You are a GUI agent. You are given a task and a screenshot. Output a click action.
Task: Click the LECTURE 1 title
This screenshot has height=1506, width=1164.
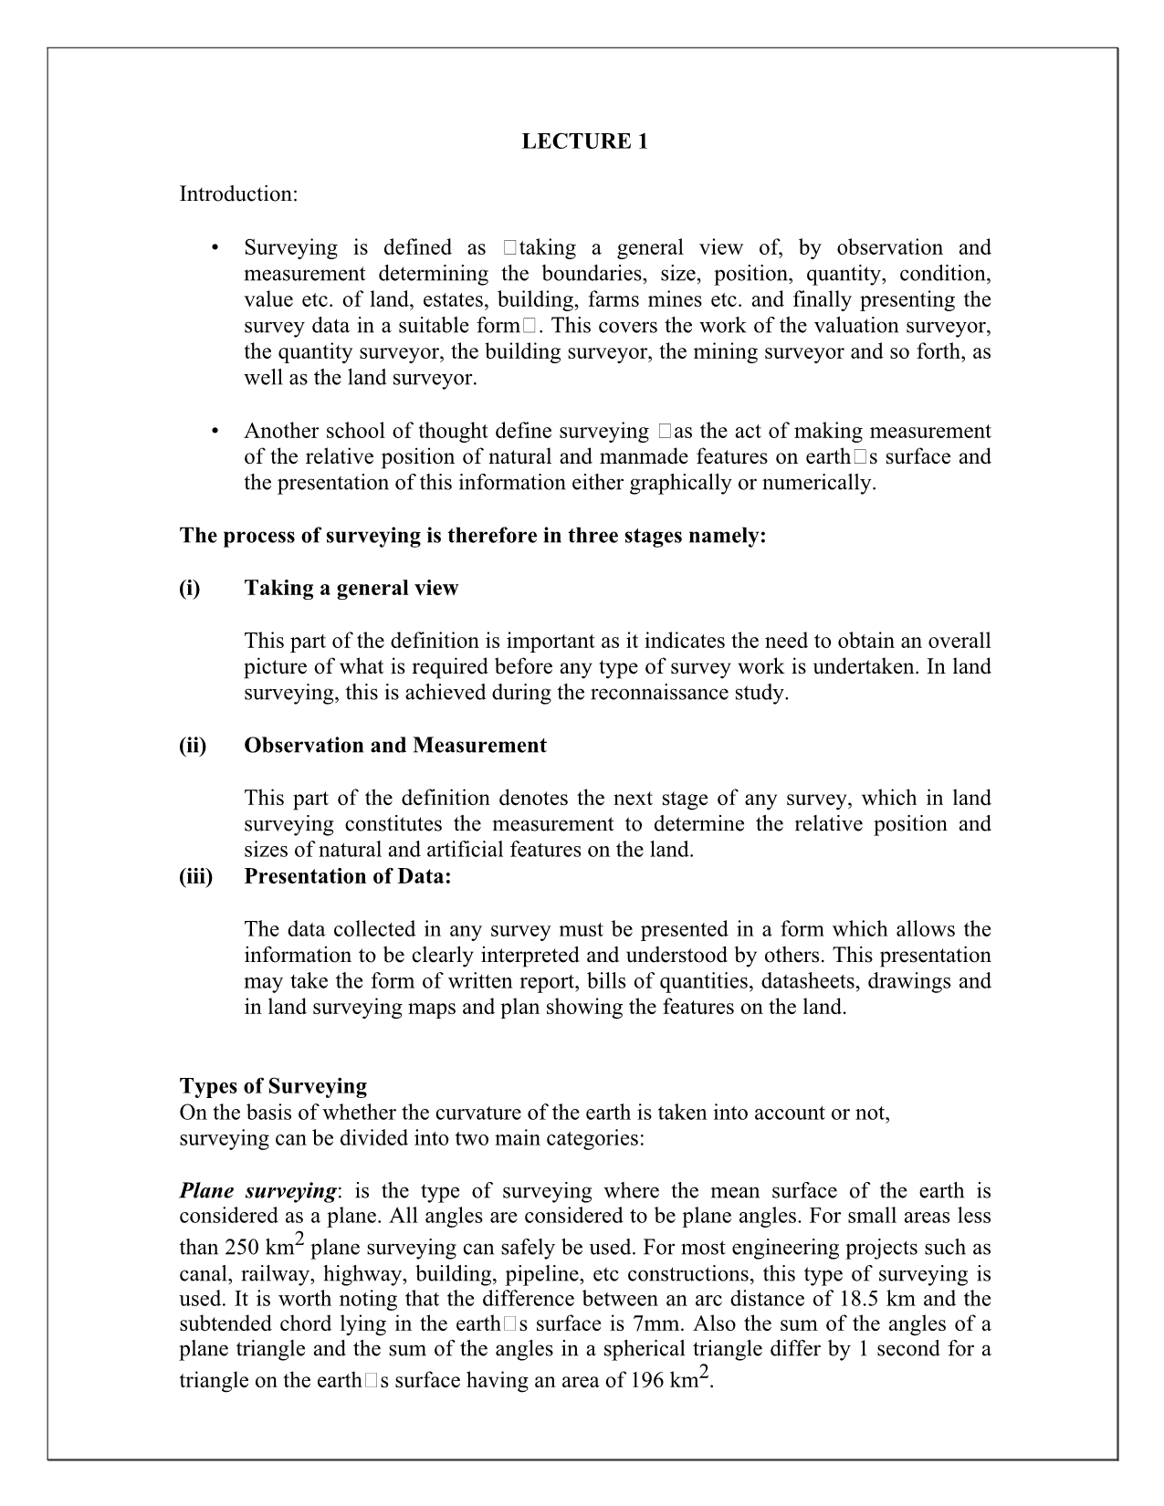coord(584,141)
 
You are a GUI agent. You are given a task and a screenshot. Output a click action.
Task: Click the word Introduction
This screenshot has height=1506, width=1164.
coord(237,194)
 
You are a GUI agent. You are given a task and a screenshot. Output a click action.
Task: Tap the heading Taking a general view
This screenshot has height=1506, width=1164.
coord(351,588)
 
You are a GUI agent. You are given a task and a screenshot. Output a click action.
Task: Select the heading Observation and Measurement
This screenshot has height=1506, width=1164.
coord(395,746)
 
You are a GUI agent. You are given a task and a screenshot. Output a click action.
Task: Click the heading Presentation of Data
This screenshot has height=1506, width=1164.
coord(348,876)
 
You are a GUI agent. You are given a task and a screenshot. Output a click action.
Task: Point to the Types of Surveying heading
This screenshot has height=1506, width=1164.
coord(273,1086)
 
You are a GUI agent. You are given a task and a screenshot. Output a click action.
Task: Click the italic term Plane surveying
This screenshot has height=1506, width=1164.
coord(258,1191)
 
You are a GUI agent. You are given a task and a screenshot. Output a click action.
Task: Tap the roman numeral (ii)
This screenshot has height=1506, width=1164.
coord(193,746)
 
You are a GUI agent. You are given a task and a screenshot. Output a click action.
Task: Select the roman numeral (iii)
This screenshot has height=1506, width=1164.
coord(195,876)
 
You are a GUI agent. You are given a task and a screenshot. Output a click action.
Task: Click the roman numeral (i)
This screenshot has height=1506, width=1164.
coord(190,588)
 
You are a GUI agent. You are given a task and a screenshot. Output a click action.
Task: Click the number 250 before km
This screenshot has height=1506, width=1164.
coord(241,1249)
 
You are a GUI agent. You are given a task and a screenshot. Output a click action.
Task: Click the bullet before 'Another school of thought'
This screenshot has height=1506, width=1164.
coord(215,431)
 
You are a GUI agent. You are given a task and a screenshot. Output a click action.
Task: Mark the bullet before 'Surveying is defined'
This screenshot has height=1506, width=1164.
coord(215,248)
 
